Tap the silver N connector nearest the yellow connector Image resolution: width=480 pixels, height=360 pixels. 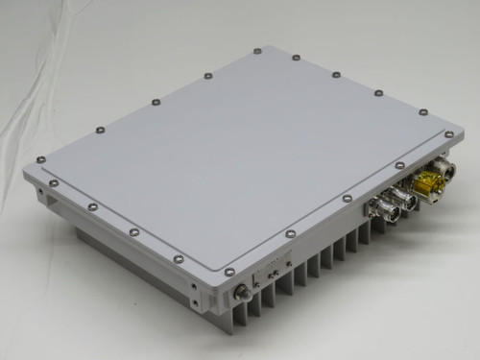402,198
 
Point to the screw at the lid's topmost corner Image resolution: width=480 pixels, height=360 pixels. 257,51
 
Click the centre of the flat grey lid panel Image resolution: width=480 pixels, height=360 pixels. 240,154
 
